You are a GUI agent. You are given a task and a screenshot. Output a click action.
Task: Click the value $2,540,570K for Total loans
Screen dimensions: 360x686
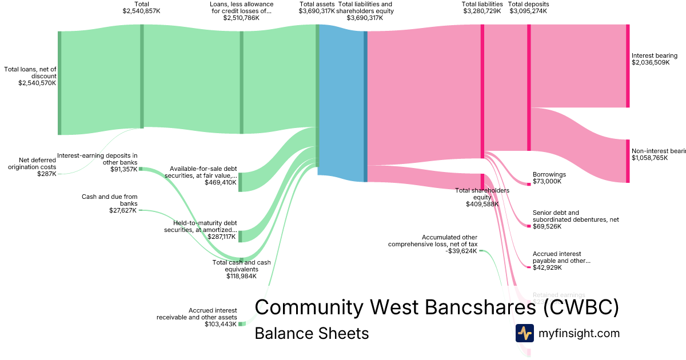tap(37, 83)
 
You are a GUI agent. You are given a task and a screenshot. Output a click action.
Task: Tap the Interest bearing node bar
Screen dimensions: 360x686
tap(628, 66)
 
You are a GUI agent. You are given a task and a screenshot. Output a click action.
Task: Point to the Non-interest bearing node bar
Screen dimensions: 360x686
tap(628, 161)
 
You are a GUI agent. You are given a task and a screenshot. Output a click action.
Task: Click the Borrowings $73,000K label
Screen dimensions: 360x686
tap(549, 178)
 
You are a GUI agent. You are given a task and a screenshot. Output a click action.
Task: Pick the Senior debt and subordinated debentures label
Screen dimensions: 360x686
tap(575, 216)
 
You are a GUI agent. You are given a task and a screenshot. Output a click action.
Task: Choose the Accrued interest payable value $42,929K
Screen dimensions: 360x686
tap(547, 267)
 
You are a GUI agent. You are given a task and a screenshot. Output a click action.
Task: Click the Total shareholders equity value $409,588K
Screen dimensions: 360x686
tap(482, 204)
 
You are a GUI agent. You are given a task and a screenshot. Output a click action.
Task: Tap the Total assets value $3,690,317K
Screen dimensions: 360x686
tap(317, 11)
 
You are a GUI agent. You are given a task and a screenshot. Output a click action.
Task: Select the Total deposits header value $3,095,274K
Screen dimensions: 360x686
tap(528, 11)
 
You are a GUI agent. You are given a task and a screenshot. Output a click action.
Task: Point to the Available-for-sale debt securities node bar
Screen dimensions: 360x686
tap(241, 182)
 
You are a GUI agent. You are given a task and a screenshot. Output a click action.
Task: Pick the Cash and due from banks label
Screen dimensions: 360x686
tap(109, 200)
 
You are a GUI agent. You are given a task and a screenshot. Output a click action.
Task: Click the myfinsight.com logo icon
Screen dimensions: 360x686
tap(524, 333)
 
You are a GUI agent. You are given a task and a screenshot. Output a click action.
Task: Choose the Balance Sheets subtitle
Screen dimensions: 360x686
tap(312, 333)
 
